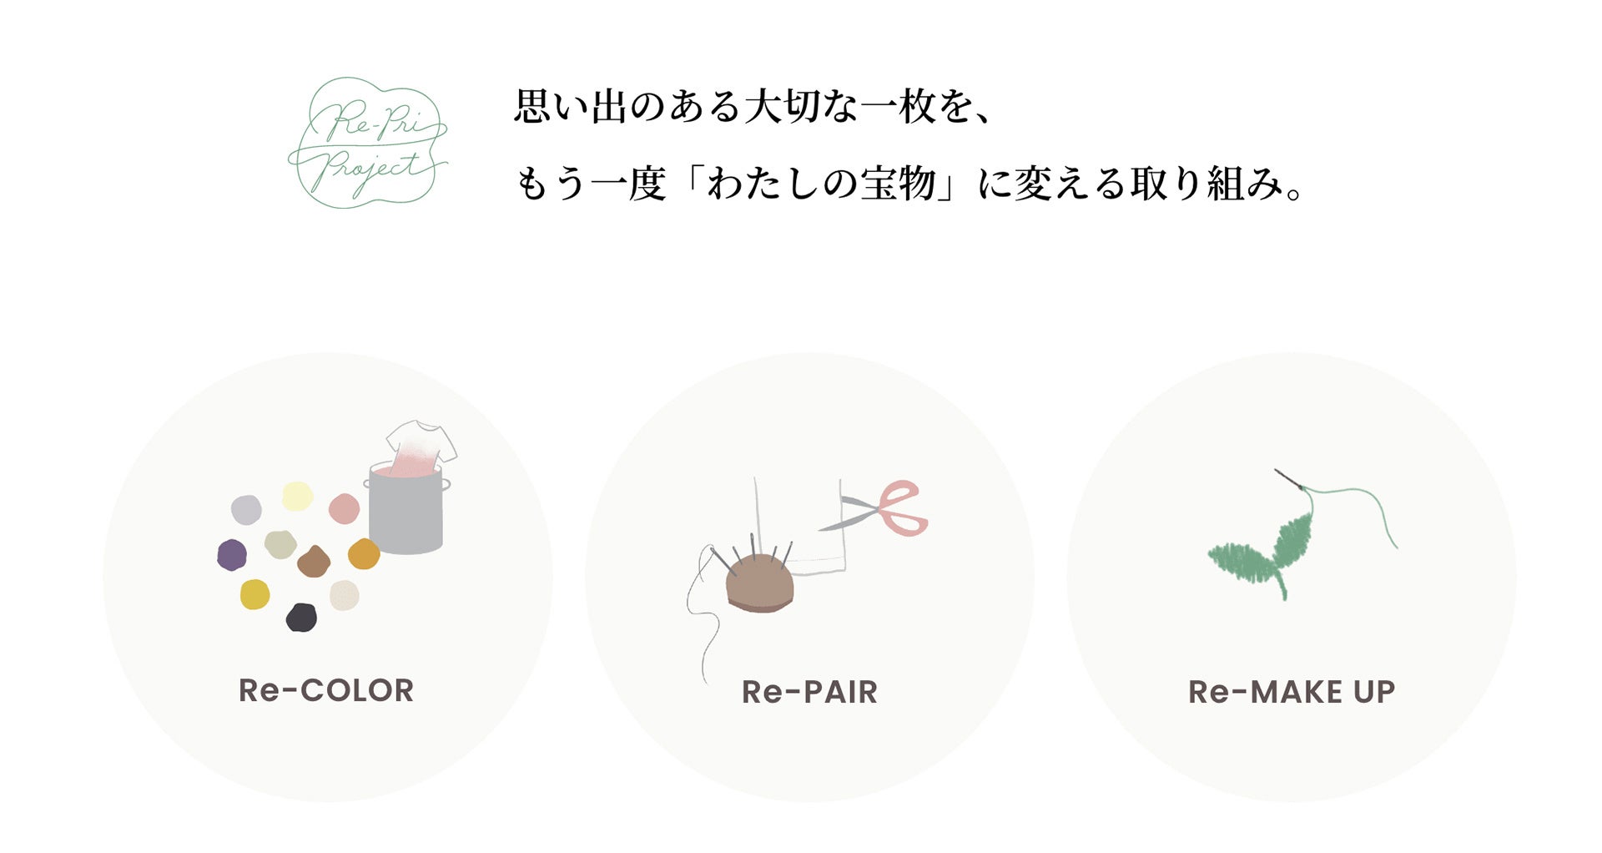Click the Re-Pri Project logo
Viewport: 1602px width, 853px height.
click(x=368, y=142)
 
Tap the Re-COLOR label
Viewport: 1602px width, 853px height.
click(x=326, y=691)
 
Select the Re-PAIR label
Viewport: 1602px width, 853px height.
click(x=809, y=692)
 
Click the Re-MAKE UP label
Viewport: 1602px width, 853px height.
click(x=1291, y=692)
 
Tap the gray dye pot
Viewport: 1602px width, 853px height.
click(x=406, y=513)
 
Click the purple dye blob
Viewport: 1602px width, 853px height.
click(x=232, y=554)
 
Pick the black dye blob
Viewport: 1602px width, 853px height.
click(x=301, y=618)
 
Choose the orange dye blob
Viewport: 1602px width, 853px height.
click(x=364, y=553)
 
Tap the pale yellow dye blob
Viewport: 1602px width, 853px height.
click(x=297, y=497)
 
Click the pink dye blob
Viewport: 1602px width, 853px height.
click(x=344, y=508)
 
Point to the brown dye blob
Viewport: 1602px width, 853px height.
click(x=314, y=563)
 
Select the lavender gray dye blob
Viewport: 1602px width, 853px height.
click(x=246, y=509)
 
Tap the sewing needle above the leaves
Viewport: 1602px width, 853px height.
click(x=1289, y=479)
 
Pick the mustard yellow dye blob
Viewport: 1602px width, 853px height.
click(x=254, y=594)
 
